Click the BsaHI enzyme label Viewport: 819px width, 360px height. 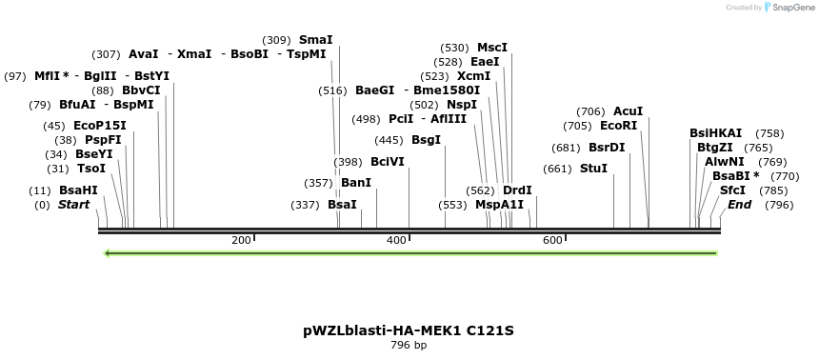point(78,190)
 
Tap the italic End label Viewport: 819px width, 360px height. point(740,205)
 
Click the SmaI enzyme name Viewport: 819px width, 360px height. point(316,40)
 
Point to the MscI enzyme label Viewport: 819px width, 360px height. point(492,48)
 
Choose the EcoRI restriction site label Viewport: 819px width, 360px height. point(618,126)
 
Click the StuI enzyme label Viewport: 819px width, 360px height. point(593,169)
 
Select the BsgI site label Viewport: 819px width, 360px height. point(427,140)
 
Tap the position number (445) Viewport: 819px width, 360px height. point(389,140)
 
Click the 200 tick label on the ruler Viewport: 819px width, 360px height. point(241,241)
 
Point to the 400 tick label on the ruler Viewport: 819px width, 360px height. point(397,241)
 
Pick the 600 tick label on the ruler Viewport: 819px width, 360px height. point(552,241)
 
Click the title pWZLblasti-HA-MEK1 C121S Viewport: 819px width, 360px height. point(409,330)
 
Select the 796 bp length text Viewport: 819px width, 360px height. point(409,345)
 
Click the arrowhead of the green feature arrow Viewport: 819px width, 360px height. point(108,253)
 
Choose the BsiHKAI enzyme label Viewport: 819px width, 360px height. point(716,133)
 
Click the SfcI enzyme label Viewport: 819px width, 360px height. point(733,190)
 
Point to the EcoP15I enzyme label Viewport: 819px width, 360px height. point(100,126)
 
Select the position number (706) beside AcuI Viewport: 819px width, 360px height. point(590,111)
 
